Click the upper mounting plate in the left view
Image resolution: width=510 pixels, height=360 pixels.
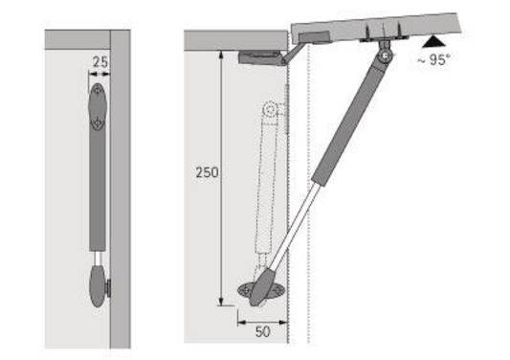tap(98, 107)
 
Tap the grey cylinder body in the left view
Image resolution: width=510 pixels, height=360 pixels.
tap(97, 191)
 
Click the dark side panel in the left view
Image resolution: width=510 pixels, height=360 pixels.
tap(120, 191)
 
